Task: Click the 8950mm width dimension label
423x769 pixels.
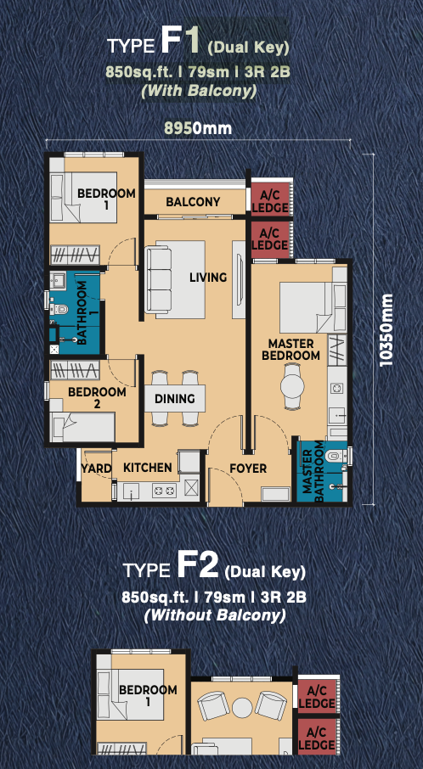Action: (x=198, y=129)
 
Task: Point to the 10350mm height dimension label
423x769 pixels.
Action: (x=386, y=329)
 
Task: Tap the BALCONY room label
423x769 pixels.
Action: (x=193, y=201)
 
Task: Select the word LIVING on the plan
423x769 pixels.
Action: (x=209, y=277)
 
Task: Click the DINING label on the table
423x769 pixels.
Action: (x=175, y=399)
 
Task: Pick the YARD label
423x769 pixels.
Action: (x=96, y=469)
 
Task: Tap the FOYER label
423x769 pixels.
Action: (x=248, y=469)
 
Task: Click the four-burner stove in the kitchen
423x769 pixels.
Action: (x=165, y=490)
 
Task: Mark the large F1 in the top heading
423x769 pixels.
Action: (x=180, y=42)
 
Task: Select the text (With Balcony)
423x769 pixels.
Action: (x=198, y=91)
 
